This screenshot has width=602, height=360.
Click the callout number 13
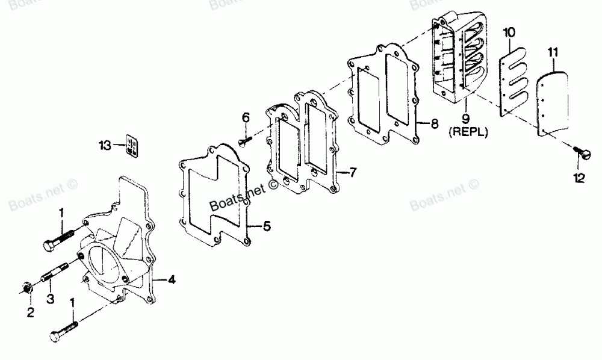click(x=105, y=144)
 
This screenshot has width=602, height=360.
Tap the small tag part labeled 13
click(x=132, y=146)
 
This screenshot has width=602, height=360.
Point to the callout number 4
click(x=172, y=279)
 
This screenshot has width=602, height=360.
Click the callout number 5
click(x=267, y=226)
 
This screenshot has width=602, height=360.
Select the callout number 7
click(x=353, y=173)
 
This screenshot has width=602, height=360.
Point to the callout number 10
click(x=509, y=31)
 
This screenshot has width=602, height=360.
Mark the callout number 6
click(x=246, y=116)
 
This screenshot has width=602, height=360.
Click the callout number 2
click(x=30, y=312)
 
